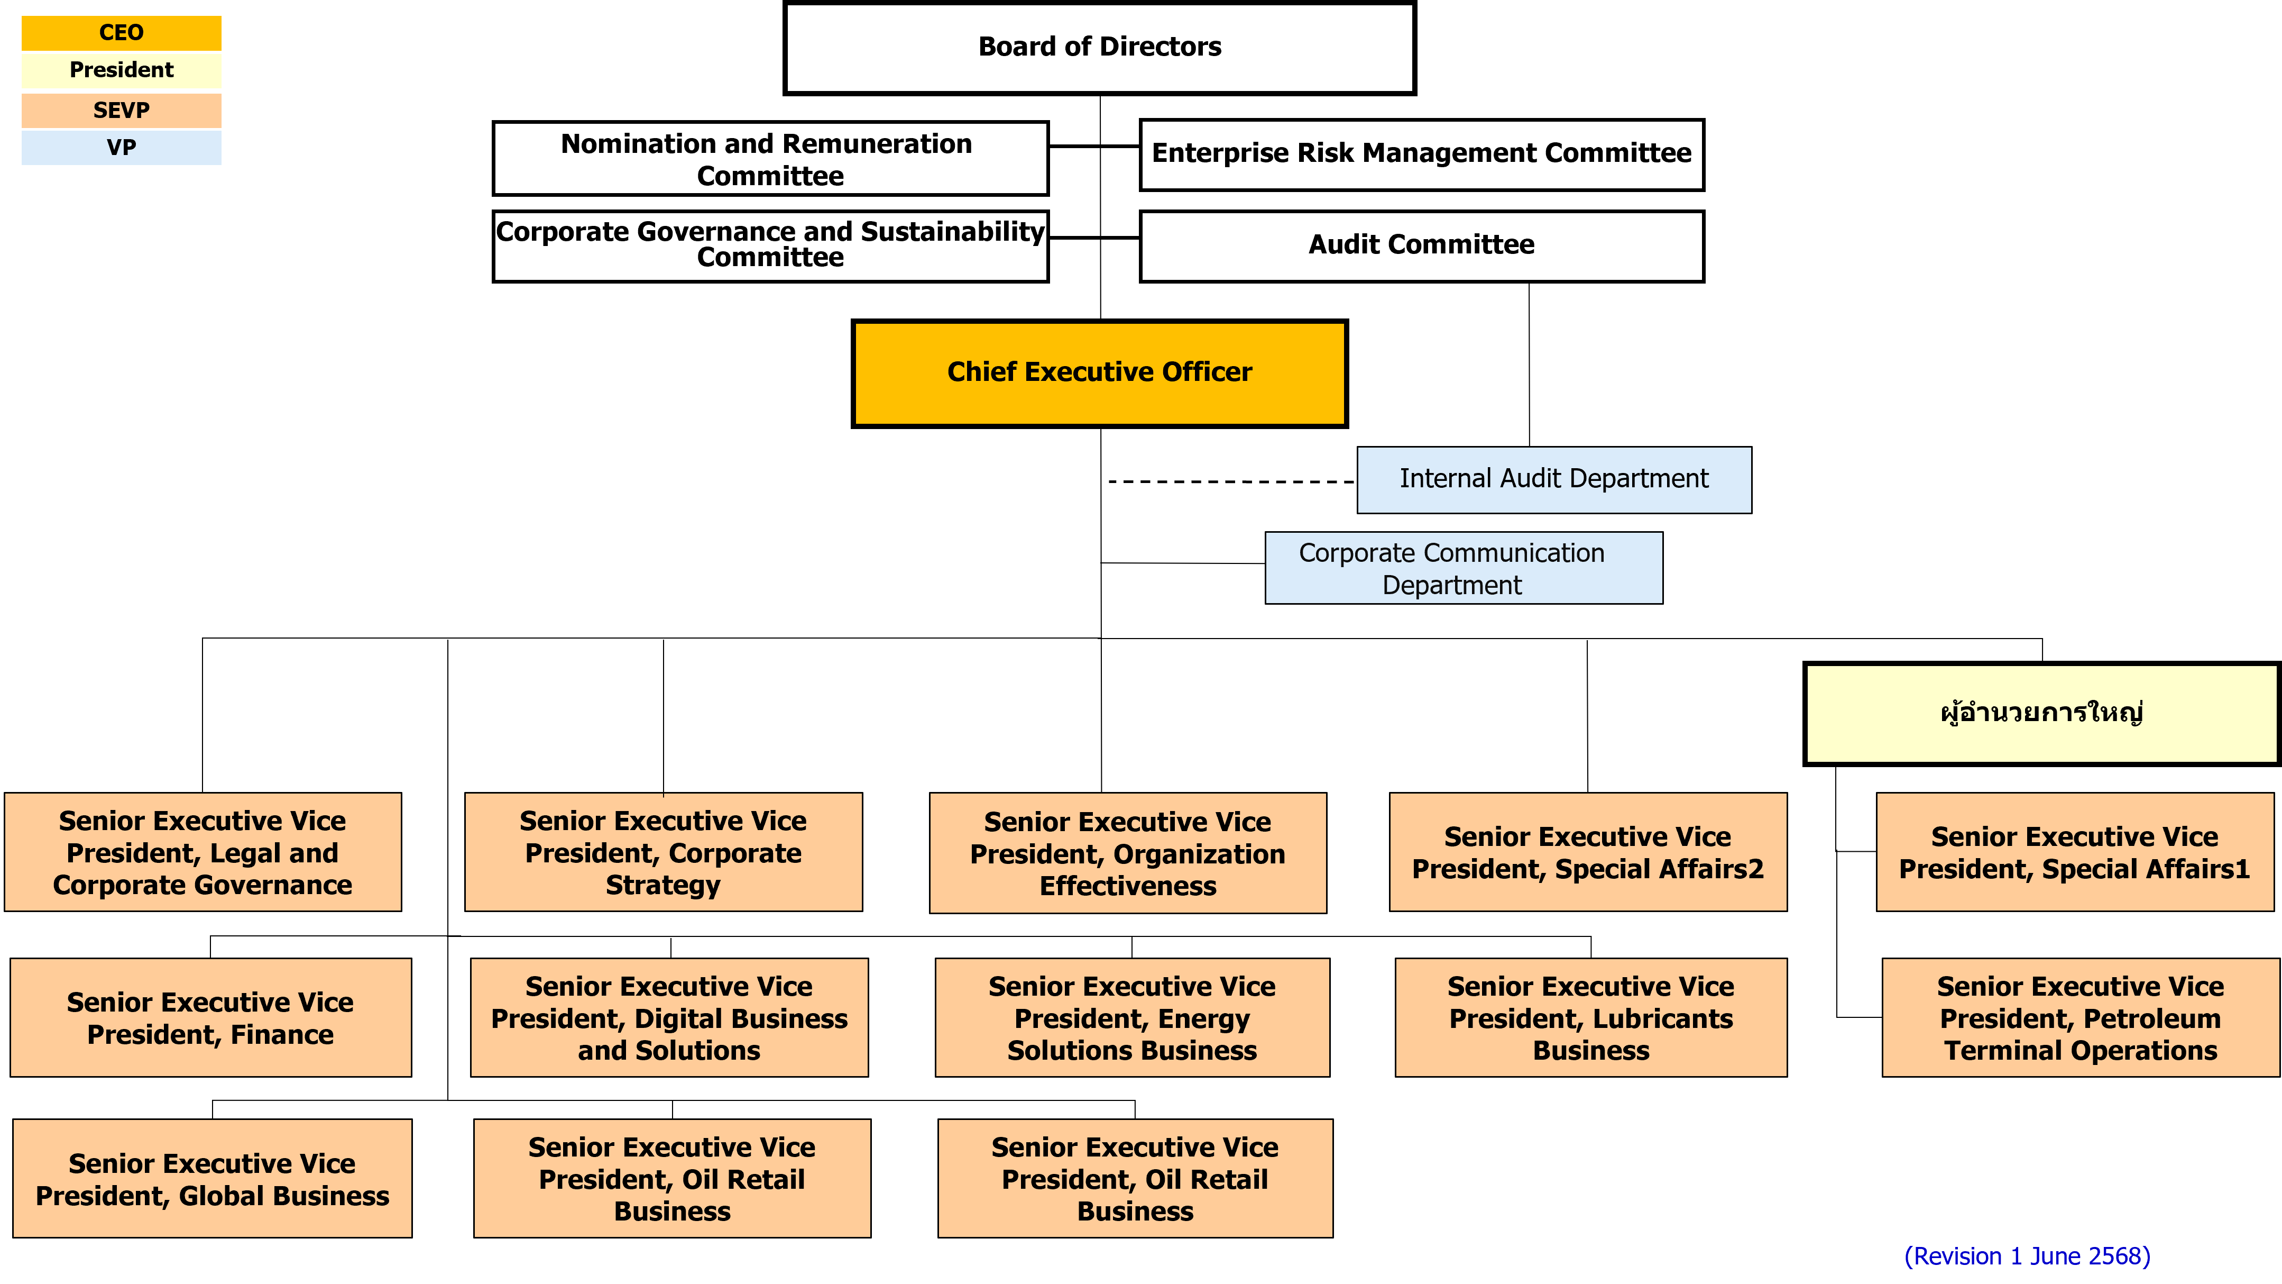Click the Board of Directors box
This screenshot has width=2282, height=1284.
[x=1099, y=48]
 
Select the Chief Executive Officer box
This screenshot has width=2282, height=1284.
[x=1099, y=373]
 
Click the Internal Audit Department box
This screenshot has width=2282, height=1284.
[x=1554, y=479]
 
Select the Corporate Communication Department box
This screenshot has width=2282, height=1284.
[x=1464, y=568]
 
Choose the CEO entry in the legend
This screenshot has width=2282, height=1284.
[x=122, y=33]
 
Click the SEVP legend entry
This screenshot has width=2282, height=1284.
[x=122, y=111]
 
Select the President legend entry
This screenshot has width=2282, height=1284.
[x=122, y=70]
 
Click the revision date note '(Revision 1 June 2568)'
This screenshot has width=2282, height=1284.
[x=2027, y=1255]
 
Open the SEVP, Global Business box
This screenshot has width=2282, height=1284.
[x=213, y=1179]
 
